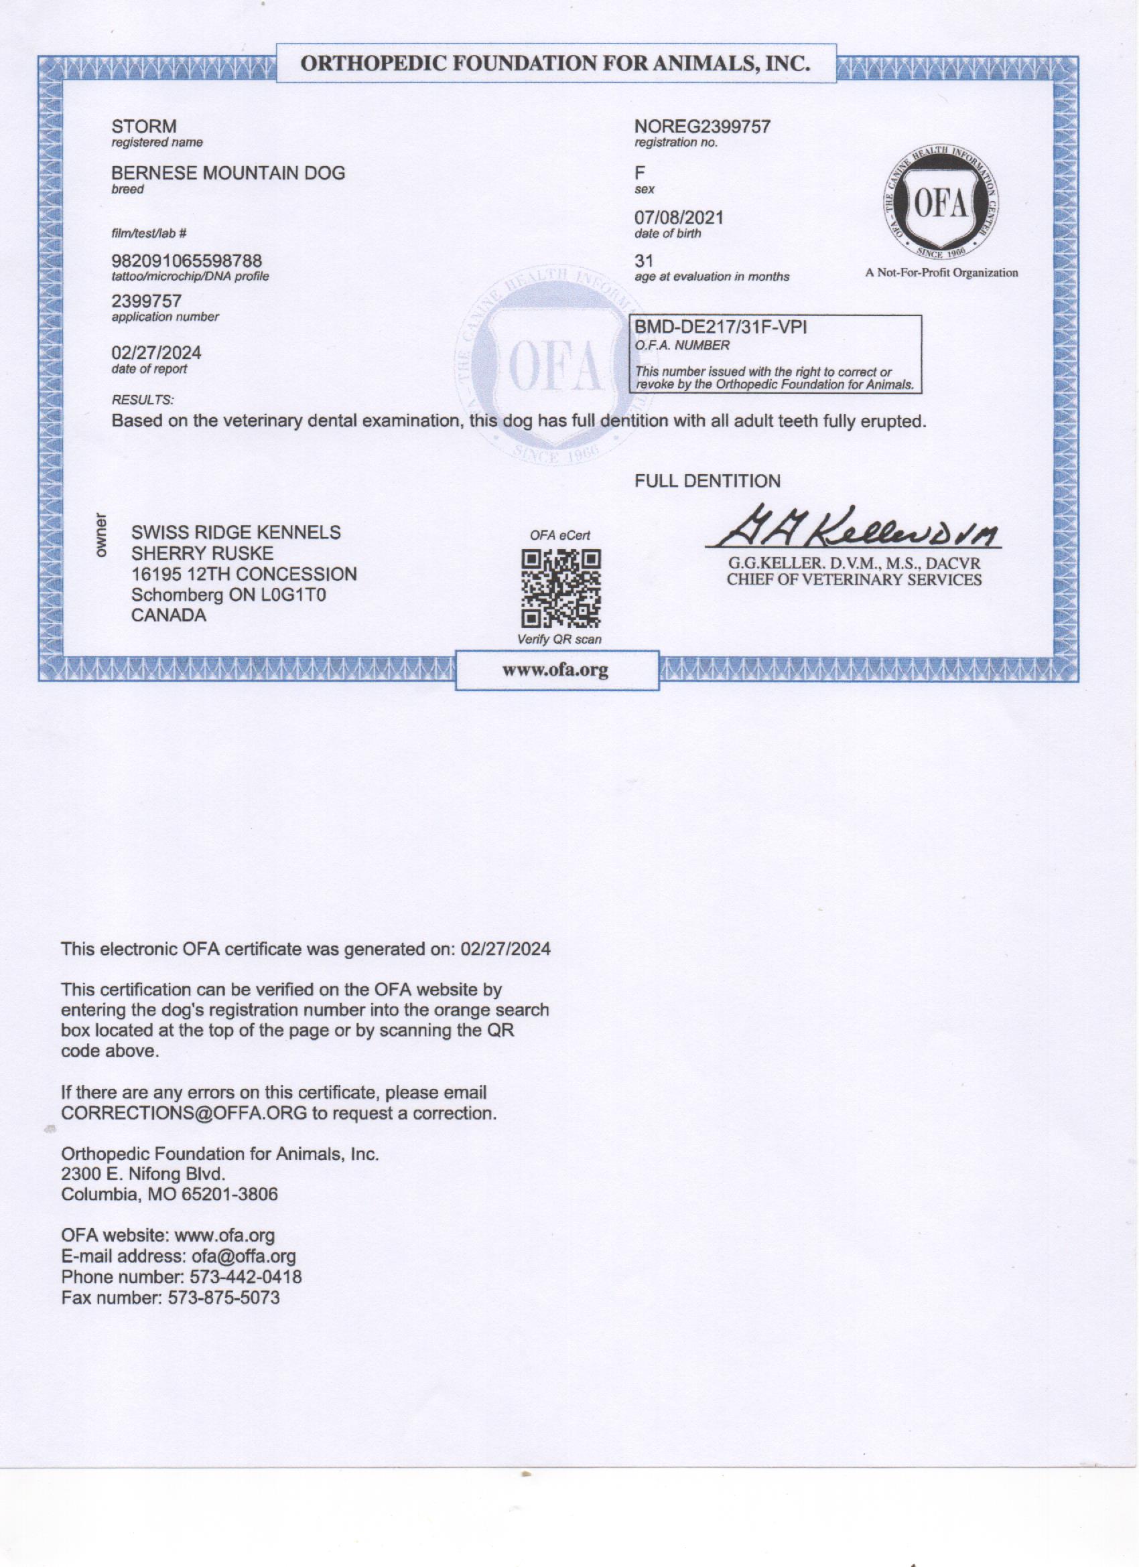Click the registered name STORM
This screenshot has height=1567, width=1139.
pyautogui.click(x=144, y=127)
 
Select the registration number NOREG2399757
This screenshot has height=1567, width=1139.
pyautogui.click(x=702, y=127)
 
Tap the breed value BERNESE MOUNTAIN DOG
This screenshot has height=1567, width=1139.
pyautogui.click(x=228, y=173)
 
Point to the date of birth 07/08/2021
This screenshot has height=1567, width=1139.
pyautogui.click(x=679, y=218)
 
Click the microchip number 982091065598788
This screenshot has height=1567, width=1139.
pyautogui.click(x=187, y=261)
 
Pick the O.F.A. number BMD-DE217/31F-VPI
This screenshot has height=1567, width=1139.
pyautogui.click(x=721, y=328)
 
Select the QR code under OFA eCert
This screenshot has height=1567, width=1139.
pyautogui.click(x=561, y=587)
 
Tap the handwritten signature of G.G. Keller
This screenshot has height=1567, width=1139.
pyautogui.click(x=854, y=528)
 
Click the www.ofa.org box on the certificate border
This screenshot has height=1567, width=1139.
pyautogui.click(x=555, y=670)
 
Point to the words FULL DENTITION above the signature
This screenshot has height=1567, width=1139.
pyautogui.click(x=707, y=481)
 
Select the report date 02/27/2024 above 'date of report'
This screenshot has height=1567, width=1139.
pyautogui.click(x=156, y=353)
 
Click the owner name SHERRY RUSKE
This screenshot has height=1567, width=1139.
pyautogui.click(x=202, y=553)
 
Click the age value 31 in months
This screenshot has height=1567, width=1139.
pyautogui.click(x=643, y=261)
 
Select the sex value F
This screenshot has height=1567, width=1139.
pyautogui.click(x=639, y=173)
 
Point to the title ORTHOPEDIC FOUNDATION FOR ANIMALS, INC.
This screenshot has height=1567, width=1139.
pyautogui.click(x=555, y=64)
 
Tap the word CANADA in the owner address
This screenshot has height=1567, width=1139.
pyautogui.click(x=169, y=615)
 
